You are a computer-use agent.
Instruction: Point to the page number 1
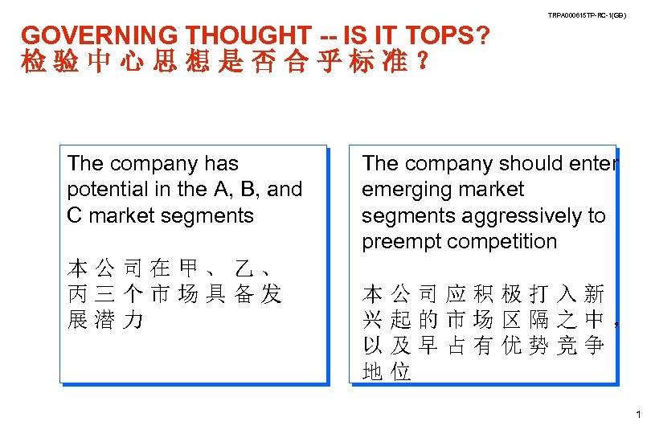(637, 416)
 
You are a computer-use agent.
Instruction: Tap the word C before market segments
(76, 215)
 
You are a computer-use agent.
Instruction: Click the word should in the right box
(527, 164)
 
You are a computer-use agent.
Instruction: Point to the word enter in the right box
(593, 164)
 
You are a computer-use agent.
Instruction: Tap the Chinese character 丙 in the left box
(78, 294)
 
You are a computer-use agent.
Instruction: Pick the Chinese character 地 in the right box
(372, 371)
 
